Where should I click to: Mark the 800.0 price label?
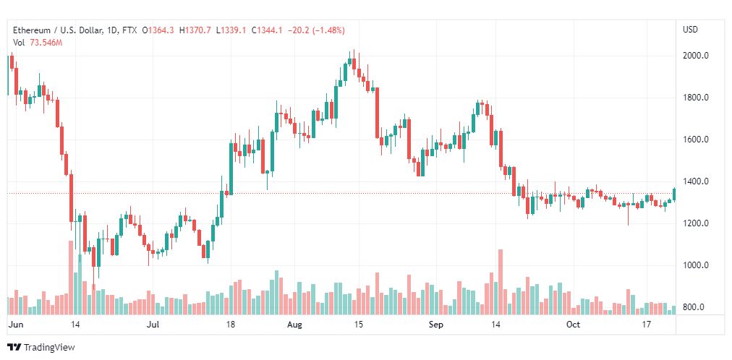tap(694, 307)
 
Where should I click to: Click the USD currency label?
tap(691, 30)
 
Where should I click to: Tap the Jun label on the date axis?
tap(15, 325)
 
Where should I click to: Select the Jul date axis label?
tap(152, 325)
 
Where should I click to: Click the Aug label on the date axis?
tap(294, 325)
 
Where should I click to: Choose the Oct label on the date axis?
tap(573, 325)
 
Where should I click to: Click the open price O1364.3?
tap(158, 31)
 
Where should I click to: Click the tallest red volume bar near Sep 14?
tap(501, 282)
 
